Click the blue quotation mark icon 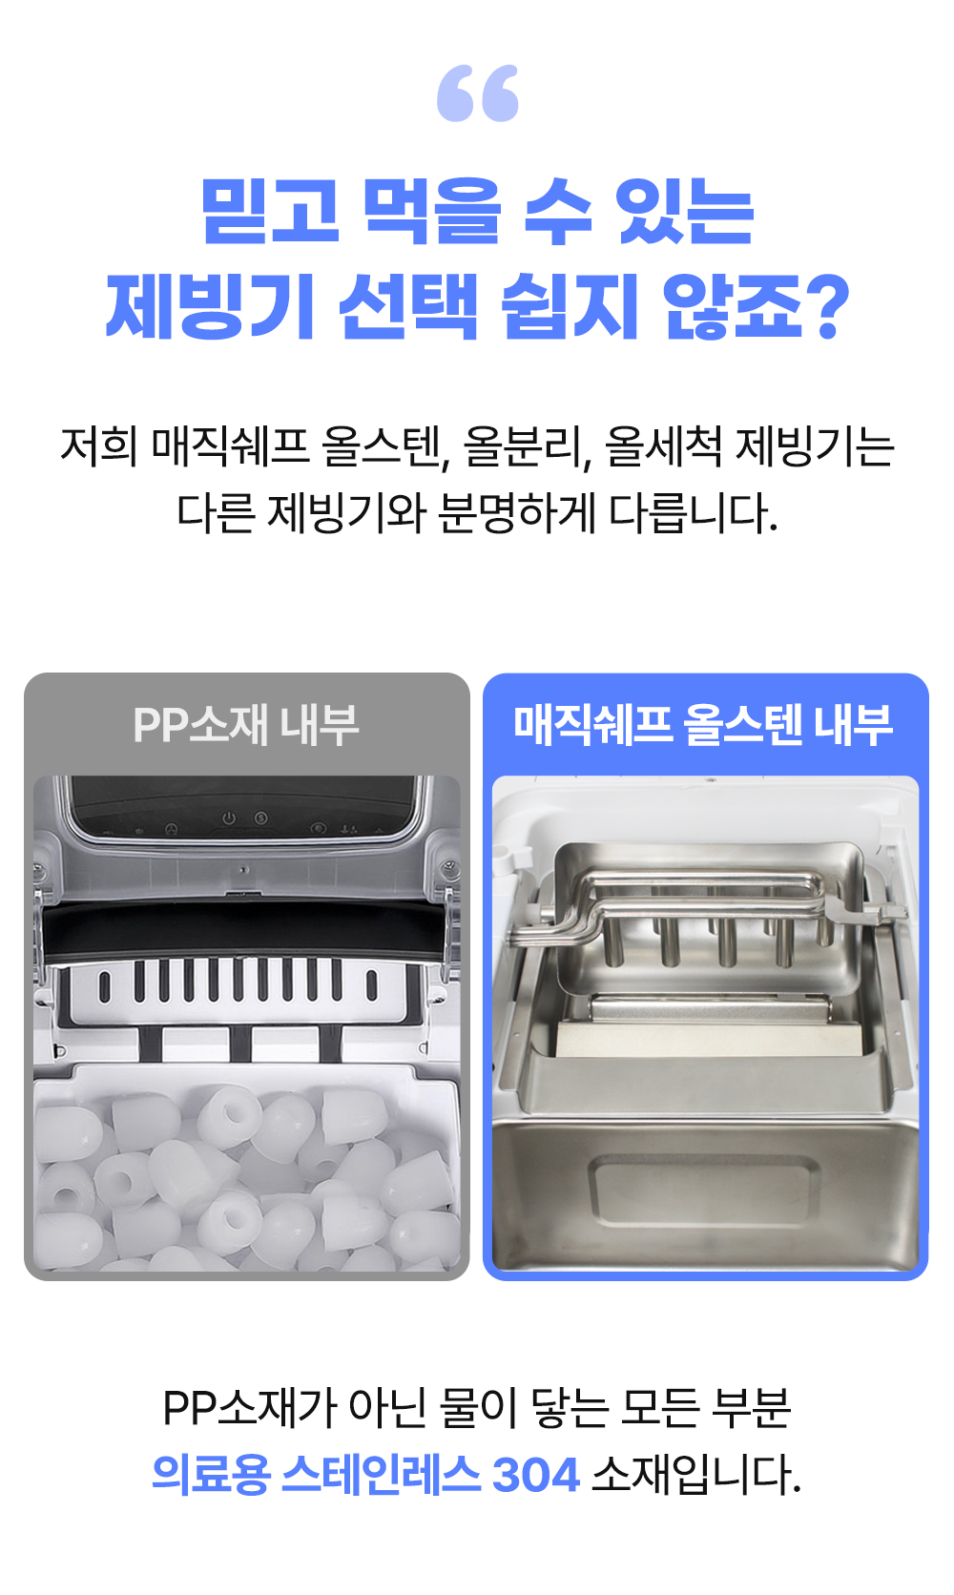point(477,93)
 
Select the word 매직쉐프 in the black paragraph point(229,446)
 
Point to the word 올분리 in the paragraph point(526,447)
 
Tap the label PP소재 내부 point(246,725)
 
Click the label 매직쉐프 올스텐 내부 point(703,725)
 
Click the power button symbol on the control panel point(229,818)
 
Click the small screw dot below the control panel point(243,869)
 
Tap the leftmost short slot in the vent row point(105,985)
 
